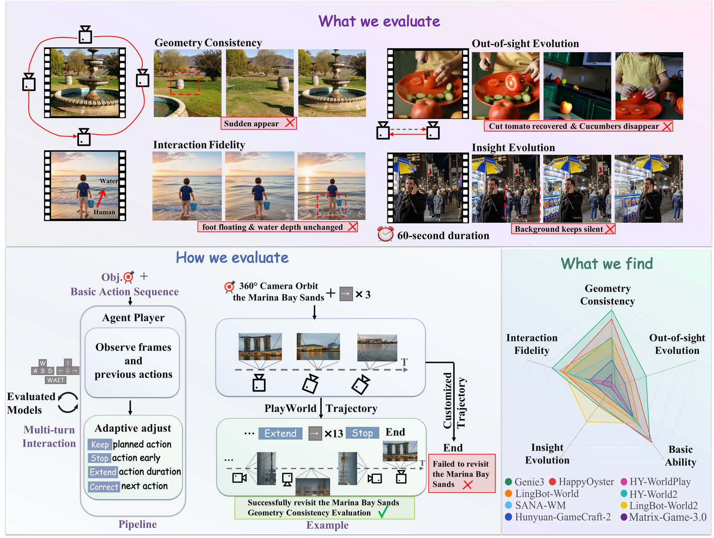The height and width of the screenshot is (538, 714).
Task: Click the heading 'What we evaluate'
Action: pos(378,21)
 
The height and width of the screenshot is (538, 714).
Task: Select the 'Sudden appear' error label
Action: pos(258,123)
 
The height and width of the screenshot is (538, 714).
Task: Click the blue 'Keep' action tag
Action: pos(100,444)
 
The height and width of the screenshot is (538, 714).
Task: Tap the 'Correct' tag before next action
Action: pos(104,486)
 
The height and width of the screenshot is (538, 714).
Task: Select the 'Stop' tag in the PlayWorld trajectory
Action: pos(362,433)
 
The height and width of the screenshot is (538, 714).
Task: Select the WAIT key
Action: pos(56,379)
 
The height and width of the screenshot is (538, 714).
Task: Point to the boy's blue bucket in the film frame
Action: pos(91,204)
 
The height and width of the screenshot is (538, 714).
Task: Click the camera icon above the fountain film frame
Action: pos(85,34)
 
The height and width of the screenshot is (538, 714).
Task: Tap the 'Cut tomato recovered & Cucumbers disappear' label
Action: pos(578,126)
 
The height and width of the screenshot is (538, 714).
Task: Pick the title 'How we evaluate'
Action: pos(232,257)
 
